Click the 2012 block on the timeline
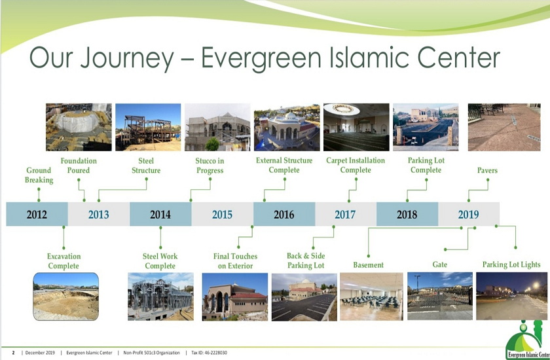click(x=37, y=214)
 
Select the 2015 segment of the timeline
click(x=223, y=214)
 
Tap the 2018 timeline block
click(x=407, y=214)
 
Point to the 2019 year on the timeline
click(x=469, y=214)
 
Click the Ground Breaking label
click(x=39, y=175)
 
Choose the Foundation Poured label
click(x=79, y=166)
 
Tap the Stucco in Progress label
click(x=210, y=166)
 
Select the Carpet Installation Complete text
click(x=356, y=165)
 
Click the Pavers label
click(x=487, y=170)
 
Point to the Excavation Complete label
click(x=64, y=261)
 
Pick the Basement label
click(x=368, y=265)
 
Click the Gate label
click(x=440, y=264)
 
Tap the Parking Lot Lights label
click(x=511, y=264)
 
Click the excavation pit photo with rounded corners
click(x=66, y=297)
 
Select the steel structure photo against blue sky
click(x=148, y=127)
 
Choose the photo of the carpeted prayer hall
click(x=356, y=127)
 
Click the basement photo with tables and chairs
click(x=371, y=297)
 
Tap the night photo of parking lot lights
click(x=511, y=297)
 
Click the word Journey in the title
click(x=128, y=58)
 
